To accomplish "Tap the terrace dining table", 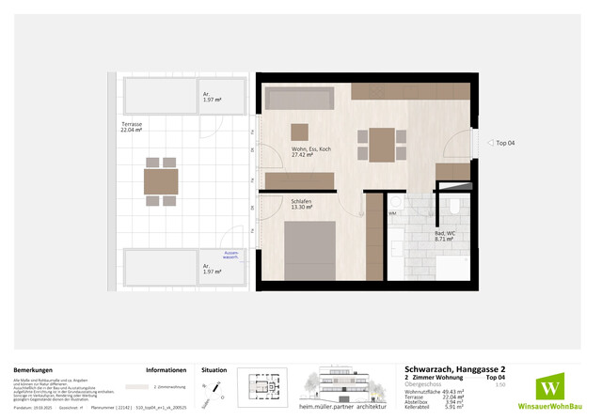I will click(161, 182).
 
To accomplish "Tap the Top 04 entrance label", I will click(505, 142).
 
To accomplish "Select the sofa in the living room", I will click(298, 99).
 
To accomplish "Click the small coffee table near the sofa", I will click(299, 132).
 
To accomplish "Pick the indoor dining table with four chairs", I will click(380, 146).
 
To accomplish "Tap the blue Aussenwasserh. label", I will click(231, 255).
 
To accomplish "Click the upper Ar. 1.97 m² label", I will click(212, 99).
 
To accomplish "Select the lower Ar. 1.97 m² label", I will click(212, 269).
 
